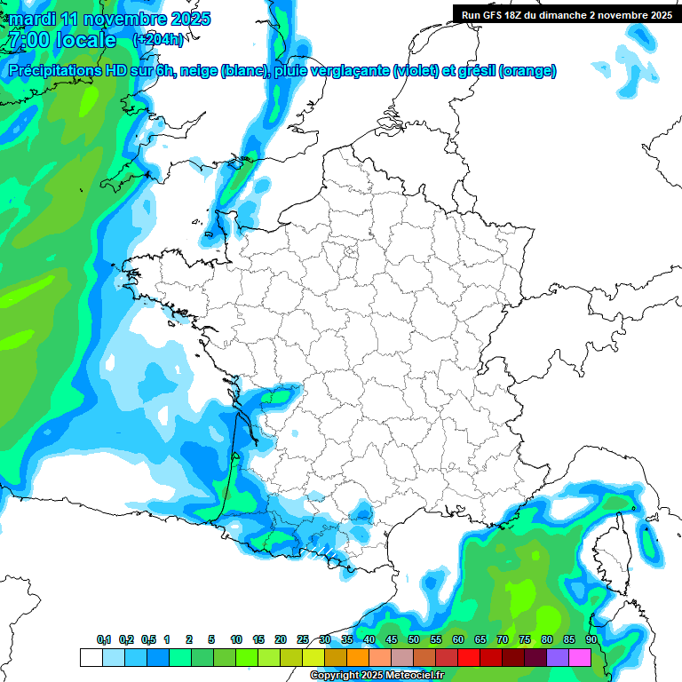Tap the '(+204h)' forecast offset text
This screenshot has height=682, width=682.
click(x=158, y=40)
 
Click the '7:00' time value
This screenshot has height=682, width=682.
click(x=27, y=40)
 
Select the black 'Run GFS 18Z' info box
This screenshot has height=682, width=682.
click(x=565, y=14)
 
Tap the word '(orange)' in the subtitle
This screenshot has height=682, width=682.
click(x=527, y=71)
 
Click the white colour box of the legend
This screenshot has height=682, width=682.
click(x=91, y=658)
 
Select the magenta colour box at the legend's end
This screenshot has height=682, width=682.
click(x=580, y=658)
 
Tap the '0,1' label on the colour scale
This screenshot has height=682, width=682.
click(x=104, y=640)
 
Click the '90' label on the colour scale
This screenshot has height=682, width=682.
click(x=591, y=640)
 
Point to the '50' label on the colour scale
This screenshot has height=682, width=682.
click(x=414, y=640)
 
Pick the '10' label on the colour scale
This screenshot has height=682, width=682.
click(x=236, y=640)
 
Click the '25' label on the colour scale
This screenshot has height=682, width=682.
click(x=303, y=640)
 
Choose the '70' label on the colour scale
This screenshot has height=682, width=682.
click(x=503, y=640)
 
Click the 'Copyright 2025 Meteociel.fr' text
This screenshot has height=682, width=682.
click(x=377, y=676)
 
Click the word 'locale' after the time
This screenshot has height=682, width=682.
click(x=85, y=40)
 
